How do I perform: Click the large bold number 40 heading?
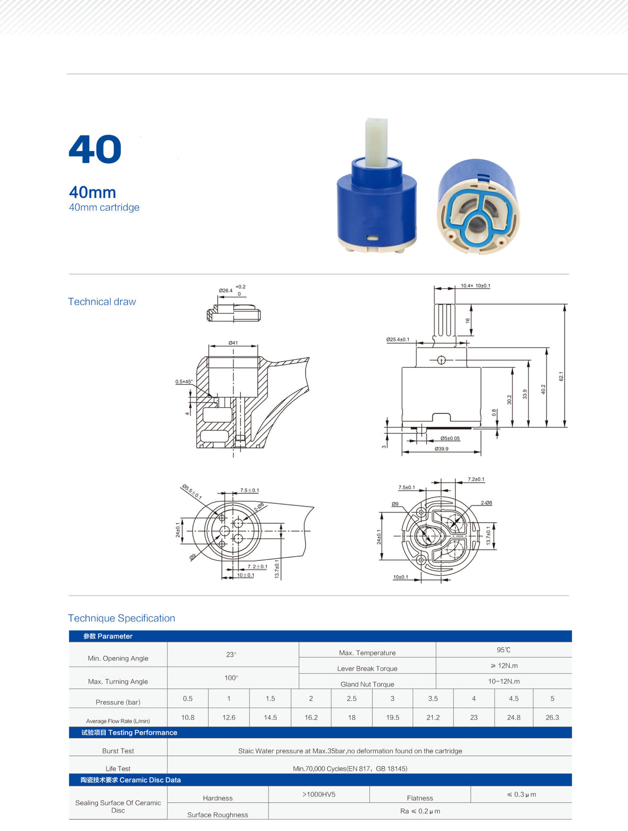(95, 149)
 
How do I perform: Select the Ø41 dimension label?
(233, 343)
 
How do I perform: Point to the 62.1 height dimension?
(561, 376)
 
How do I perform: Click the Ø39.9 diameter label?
(441, 448)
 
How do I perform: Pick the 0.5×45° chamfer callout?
(184, 381)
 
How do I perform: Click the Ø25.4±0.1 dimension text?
(397, 340)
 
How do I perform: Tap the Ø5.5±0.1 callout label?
(192, 492)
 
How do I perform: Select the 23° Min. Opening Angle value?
(231, 655)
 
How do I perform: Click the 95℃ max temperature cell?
(503, 649)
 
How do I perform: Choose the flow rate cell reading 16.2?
(311, 717)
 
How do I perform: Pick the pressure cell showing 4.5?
(514, 699)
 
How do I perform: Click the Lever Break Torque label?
(367, 669)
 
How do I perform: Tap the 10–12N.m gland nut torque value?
(504, 681)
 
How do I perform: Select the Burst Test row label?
(118, 751)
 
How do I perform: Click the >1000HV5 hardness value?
(319, 794)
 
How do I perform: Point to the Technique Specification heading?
(121, 618)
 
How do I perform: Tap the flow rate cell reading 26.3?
(552, 717)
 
